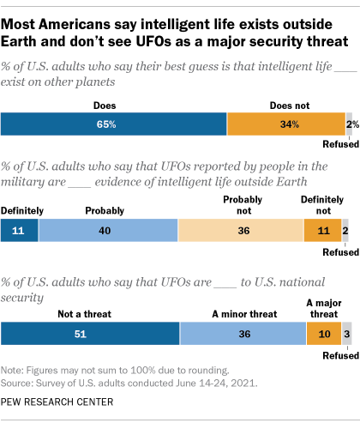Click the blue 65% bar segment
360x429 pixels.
pos(114,124)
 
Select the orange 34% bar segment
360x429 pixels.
pos(285,124)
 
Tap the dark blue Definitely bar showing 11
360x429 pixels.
pos(20,231)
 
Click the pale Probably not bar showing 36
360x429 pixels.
pos(241,231)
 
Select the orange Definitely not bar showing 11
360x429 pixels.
pos(322,231)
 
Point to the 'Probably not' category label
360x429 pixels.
pos(242,203)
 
